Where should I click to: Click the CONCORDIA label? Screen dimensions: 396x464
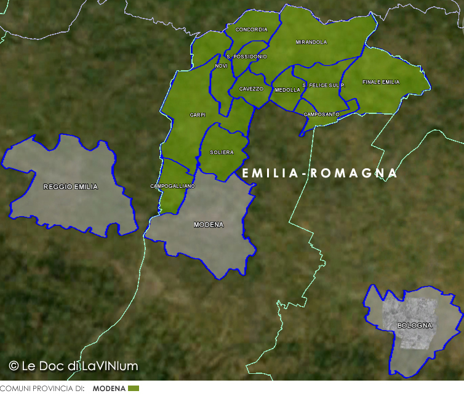(x=252, y=30)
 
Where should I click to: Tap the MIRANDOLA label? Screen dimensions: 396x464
(x=311, y=42)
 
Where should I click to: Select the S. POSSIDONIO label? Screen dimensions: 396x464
(x=247, y=57)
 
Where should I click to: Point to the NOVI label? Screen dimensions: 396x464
(x=222, y=66)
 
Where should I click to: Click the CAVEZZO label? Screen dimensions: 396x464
(x=251, y=89)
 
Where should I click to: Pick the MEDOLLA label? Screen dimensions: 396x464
(x=287, y=90)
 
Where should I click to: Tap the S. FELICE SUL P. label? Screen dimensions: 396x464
(x=323, y=85)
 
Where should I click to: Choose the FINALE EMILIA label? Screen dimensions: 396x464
(x=381, y=82)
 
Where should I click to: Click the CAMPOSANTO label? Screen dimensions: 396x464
(x=321, y=114)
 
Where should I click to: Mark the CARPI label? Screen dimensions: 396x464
(x=198, y=115)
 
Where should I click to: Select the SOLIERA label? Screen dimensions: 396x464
(x=222, y=152)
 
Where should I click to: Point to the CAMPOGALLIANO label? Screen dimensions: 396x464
(x=172, y=186)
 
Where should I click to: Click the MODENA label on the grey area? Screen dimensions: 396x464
(x=209, y=225)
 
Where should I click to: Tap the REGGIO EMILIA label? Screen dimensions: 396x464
(x=70, y=187)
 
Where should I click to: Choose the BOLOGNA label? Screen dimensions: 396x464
(x=414, y=325)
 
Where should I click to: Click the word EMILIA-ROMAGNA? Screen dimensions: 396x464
(x=320, y=174)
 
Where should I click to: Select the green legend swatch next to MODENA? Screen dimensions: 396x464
(x=134, y=389)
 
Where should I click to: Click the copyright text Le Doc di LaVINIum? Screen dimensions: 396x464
(x=74, y=366)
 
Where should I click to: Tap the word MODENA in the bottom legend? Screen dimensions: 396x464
(x=109, y=389)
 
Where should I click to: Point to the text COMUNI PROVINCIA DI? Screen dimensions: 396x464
(x=42, y=389)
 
